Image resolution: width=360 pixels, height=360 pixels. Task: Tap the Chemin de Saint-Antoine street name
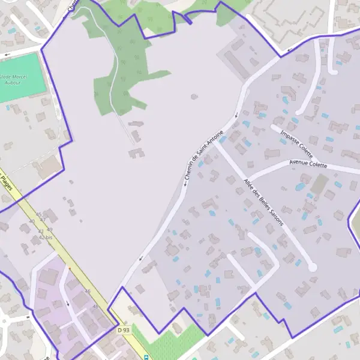click(205, 154)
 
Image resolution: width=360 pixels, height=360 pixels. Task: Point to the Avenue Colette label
click(308, 163)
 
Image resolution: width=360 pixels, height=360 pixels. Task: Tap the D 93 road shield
click(124, 330)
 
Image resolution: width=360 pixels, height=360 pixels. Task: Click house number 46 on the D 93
click(88, 292)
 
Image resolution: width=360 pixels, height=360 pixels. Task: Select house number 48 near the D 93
click(95, 306)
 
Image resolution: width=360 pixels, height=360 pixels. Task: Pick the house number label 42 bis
click(46, 238)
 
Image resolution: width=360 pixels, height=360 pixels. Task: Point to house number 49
click(49, 230)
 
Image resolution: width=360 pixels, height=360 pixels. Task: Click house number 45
click(39, 214)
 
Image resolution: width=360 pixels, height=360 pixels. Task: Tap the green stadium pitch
click(23, 73)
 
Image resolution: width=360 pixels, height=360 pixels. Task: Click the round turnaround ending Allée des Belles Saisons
click(312, 268)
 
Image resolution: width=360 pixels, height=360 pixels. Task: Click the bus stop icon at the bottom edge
click(146, 356)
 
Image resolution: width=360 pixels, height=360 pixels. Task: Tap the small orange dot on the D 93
click(70, 268)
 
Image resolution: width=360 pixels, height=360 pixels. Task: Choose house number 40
click(32, 221)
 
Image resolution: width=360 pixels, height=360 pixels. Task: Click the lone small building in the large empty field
click(194, 96)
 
